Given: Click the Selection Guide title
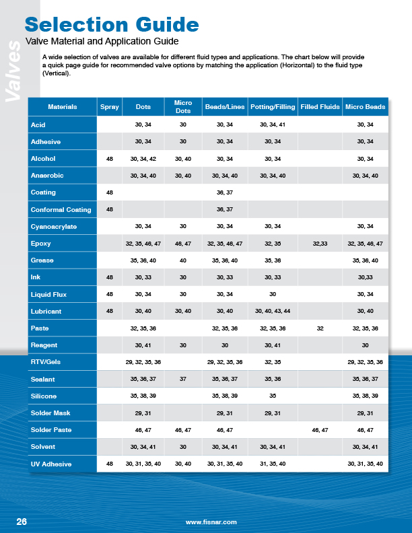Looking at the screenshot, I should [x=112, y=25].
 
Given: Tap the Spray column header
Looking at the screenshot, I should [x=109, y=107].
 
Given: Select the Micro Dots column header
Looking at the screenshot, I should [x=182, y=107].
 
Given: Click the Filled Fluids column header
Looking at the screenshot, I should [x=320, y=107].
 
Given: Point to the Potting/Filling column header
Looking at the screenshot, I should [x=272, y=107].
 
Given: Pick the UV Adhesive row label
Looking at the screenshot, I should [x=53, y=464].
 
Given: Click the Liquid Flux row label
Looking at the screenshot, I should [x=49, y=294].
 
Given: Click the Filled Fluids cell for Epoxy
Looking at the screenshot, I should [x=320, y=243].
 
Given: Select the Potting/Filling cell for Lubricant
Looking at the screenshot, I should [x=272, y=311].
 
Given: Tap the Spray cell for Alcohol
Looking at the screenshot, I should [x=109, y=158].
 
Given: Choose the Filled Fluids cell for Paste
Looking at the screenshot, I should [x=320, y=328].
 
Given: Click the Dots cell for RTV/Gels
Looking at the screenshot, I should [x=143, y=362].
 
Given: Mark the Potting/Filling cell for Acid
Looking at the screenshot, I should [x=272, y=125].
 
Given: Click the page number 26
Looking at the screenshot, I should [x=22, y=522].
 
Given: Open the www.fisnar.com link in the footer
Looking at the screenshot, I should [x=211, y=522].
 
